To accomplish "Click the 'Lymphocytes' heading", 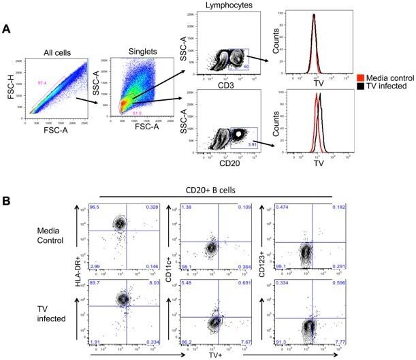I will pos(224,5).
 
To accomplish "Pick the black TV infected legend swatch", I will pos(361,87).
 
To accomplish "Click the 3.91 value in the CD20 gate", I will pos(253,144).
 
